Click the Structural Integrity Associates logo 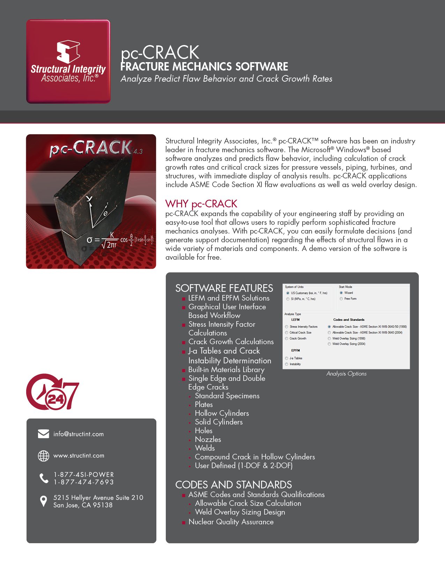[68, 61]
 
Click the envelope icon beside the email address [43, 434]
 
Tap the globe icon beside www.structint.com [43, 456]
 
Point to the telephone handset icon [44, 478]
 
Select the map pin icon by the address [43, 501]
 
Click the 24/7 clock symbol [52, 392]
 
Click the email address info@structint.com [79, 434]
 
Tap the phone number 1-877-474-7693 [83, 482]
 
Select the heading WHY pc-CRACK [201, 204]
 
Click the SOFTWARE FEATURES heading [224, 288]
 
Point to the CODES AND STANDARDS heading [233, 485]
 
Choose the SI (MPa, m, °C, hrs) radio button [288, 299]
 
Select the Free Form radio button [341, 298]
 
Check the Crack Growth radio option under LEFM [287, 338]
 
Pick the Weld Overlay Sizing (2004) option [329, 344]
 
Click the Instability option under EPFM [287, 364]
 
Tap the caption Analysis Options [346, 374]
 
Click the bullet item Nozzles [208, 439]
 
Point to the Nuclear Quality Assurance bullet [231, 522]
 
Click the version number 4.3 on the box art [138, 151]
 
